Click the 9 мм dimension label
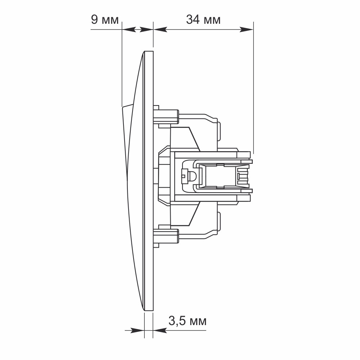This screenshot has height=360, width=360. (x=105, y=19)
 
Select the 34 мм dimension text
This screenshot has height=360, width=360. (x=203, y=19)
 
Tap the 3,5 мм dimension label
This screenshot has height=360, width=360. (x=187, y=321)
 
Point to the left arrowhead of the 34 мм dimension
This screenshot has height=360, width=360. (x=160, y=30)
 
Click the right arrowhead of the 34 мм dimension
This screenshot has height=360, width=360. (x=246, y=30)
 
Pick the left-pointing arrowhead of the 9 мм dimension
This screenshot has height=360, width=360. (x=129, y=30)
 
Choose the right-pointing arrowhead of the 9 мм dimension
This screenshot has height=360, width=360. (x=146, y=30)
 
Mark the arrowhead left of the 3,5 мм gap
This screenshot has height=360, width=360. (x=138, y=330)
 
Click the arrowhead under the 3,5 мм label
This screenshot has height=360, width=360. (x=160, y=330)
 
